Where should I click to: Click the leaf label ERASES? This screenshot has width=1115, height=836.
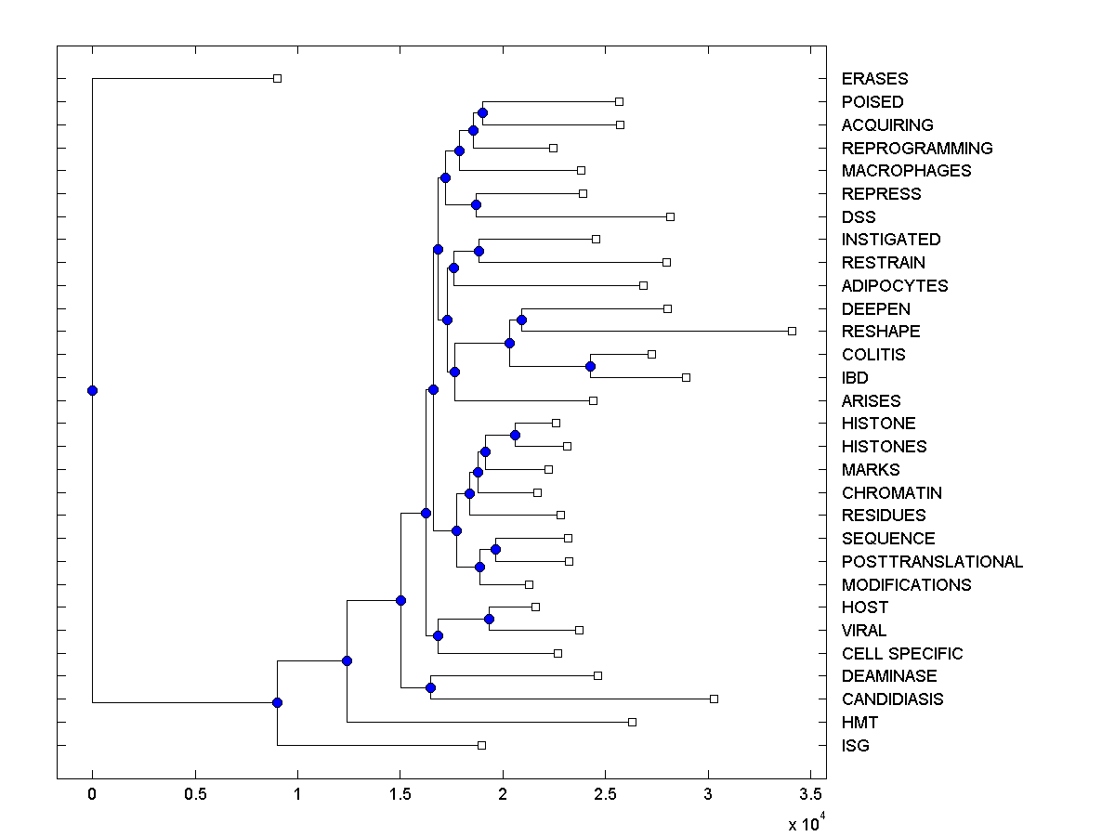coord(874,79)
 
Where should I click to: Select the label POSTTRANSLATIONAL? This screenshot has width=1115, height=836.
coord(932,562)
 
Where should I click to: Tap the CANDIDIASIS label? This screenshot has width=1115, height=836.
coord(892,699)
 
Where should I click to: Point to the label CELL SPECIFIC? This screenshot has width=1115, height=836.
coord(902,654)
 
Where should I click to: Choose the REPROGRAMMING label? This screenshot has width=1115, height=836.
coord(917,149)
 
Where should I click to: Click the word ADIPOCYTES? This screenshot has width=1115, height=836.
coord(895,286)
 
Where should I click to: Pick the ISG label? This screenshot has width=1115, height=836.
coord(856,745)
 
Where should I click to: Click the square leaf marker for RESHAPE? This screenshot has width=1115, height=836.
coord(792,331)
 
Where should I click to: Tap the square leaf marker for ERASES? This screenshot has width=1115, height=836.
coord(277,78)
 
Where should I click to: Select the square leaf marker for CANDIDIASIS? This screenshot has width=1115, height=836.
coord(714,699)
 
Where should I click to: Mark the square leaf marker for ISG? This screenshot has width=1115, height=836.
coord(481,745)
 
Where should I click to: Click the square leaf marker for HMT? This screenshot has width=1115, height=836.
coord(632,722)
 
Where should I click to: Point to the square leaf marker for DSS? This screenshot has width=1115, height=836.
coord(670,216)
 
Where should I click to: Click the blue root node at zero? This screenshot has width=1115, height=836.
coord(92,390)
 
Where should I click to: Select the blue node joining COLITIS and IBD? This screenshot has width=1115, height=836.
coord(590,366)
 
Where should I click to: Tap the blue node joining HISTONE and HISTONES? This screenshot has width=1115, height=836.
coord(515,435)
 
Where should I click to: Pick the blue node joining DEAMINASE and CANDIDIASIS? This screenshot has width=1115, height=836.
coord(430,687)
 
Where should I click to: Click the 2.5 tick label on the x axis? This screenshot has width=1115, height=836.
coord(605,795)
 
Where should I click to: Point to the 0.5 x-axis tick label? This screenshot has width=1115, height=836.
coord(194,795)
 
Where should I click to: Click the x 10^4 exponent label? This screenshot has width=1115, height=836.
coord(805,823)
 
